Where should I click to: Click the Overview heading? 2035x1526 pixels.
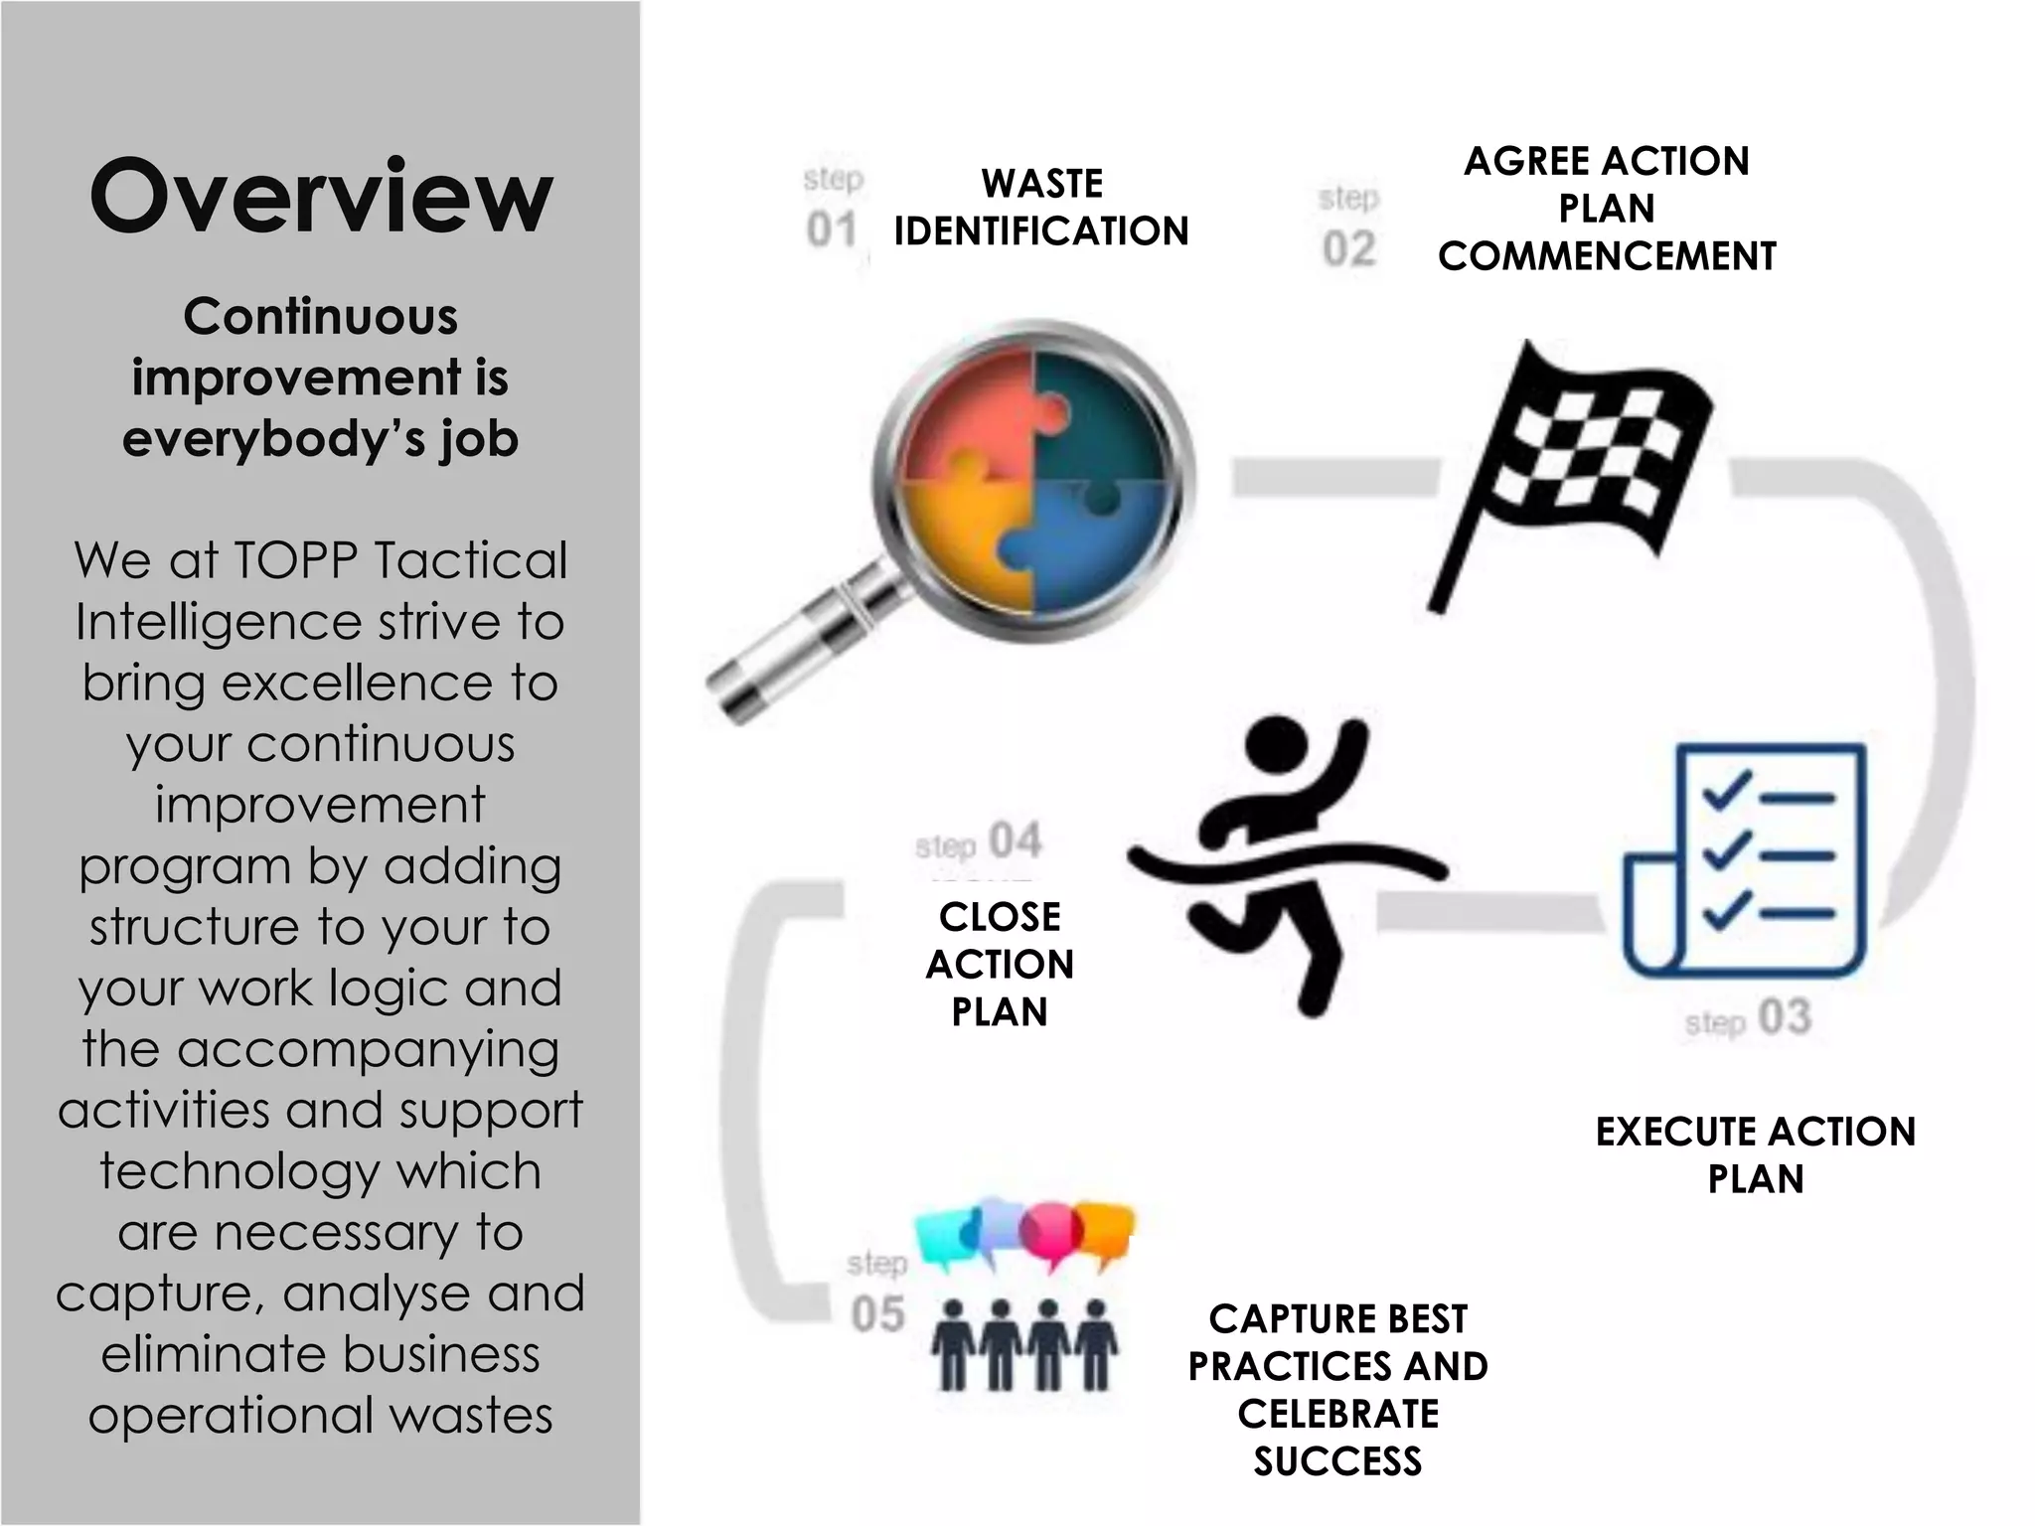coord(320,196)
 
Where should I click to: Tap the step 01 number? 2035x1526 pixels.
coord(832,230)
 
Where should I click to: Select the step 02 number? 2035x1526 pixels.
coord(1348,248)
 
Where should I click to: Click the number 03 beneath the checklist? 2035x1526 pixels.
coord(1786,1018)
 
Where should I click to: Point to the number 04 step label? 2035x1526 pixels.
coord(1016,840)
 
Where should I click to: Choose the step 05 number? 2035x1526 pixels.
coord(877,1313)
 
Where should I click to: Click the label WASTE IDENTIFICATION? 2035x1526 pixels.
coord(1041,208)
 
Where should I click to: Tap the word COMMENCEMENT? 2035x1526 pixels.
coord(1606,256)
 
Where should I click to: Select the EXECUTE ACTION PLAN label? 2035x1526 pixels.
coord(1755,1154)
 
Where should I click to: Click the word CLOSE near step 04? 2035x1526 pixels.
coord(1000,916)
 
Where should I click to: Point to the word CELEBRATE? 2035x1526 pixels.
coord(1337,1413)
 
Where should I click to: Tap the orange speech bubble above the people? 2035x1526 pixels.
coord(1105,1232)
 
